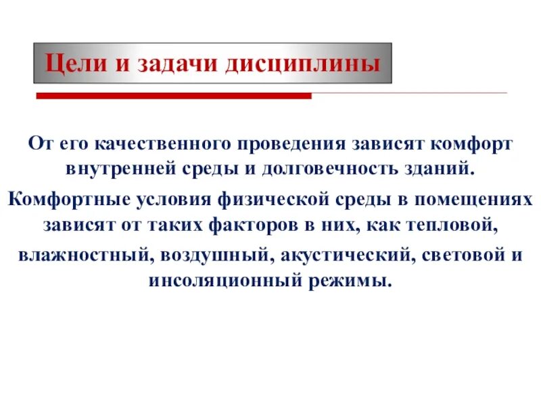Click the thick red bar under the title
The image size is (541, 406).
[173, 96]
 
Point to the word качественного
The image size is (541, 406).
[157, 144]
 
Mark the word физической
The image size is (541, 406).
[291, 200]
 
